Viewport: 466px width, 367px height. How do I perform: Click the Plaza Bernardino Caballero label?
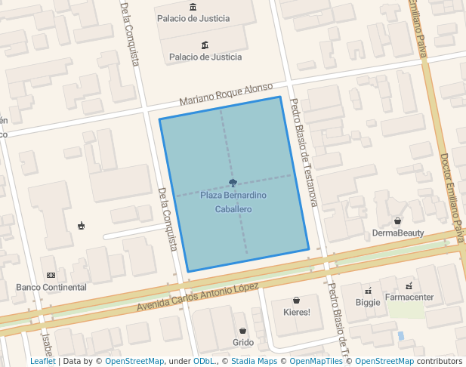233,202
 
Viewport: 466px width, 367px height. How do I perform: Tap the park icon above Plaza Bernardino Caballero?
233,183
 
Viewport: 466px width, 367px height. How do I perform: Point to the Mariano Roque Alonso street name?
226,94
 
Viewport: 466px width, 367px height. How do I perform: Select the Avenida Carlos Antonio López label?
198,298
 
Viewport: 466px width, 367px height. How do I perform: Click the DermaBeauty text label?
398,233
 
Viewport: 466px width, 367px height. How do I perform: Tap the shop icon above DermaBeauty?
398,221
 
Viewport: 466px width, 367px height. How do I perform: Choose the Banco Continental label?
51,287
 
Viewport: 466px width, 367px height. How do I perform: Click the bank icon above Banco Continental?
51,275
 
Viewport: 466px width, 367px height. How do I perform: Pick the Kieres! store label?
296,312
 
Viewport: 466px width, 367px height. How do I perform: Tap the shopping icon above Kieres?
296,300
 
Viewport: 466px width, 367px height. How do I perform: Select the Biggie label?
368,302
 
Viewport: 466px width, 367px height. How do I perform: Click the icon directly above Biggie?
368,290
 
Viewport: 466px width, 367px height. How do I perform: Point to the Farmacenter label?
409,297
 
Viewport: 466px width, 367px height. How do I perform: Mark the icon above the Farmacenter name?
409,285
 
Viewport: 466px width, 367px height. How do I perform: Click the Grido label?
243,342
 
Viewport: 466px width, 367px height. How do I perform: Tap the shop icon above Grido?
242,331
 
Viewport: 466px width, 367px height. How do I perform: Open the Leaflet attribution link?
42,361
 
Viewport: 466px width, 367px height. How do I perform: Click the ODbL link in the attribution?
204,361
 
